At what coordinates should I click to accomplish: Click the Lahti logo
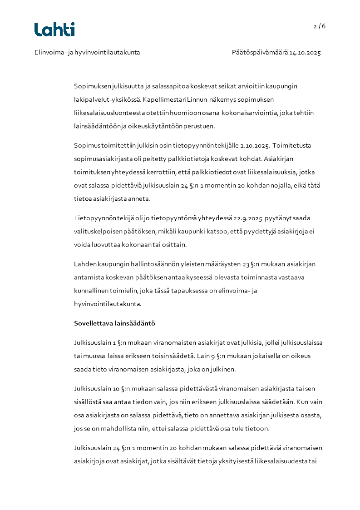pos(54,30)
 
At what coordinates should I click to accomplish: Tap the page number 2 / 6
pos(320,26)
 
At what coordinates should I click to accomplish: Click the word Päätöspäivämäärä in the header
pos(260,53)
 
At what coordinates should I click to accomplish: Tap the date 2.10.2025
pos(252,146)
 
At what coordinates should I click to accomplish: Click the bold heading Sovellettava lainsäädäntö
pos(114,324)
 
